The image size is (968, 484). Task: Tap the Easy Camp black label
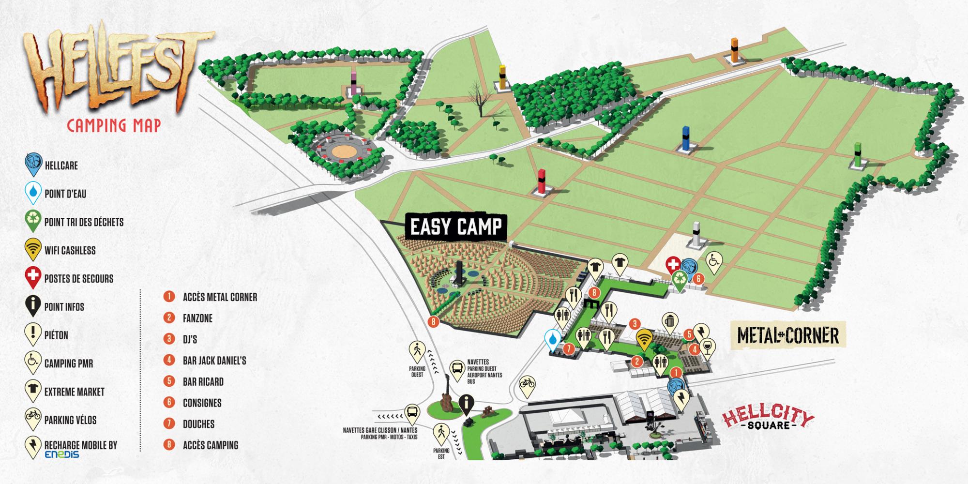pyautogui.click(x=456, y=227)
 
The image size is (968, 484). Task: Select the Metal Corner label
pyautogui.click(x=788, y=335)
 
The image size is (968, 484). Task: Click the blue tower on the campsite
pyautogui.click(x=685, y=138)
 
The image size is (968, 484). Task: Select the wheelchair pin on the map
pyautogui.click(x=714, y=261)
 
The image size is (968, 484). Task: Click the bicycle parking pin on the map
pyautogui.click(x=527, y=386)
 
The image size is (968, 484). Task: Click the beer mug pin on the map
pyautogui.click(x=670, y=322)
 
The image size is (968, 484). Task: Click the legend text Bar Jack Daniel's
pyautogui.click(x=214, y=361)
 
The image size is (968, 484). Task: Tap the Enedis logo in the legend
pyautogui.click(x=61, y=454)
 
